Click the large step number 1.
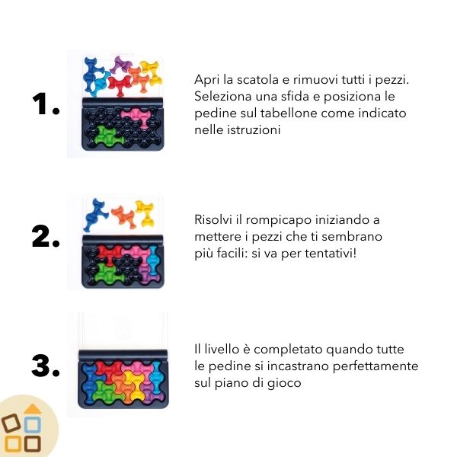click(x=46, y=104)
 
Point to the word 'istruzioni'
click(x=254, y=129)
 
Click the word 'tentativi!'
click(x=331, y=253)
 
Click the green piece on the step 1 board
click(x=107, y=135)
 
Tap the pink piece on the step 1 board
click(x=136, y=116)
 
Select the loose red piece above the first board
click(x=120, y=84)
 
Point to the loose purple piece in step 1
click(x=123, y=66)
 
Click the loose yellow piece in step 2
click(x=145, y=212)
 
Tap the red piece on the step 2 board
click(x=110, y=253)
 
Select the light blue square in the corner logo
click(x=32, y=425)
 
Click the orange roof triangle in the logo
click(x=33, y=408)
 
